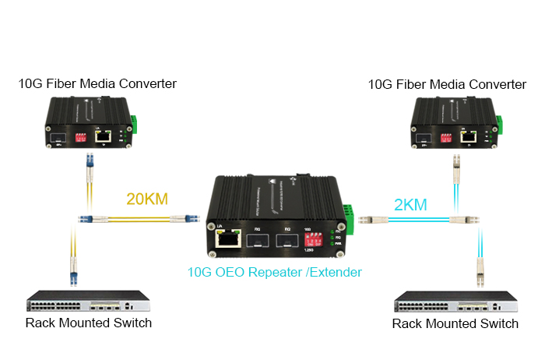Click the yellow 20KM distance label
147,198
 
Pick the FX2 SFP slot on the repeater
287,239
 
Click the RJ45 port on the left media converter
102,136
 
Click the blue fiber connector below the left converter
89,164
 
